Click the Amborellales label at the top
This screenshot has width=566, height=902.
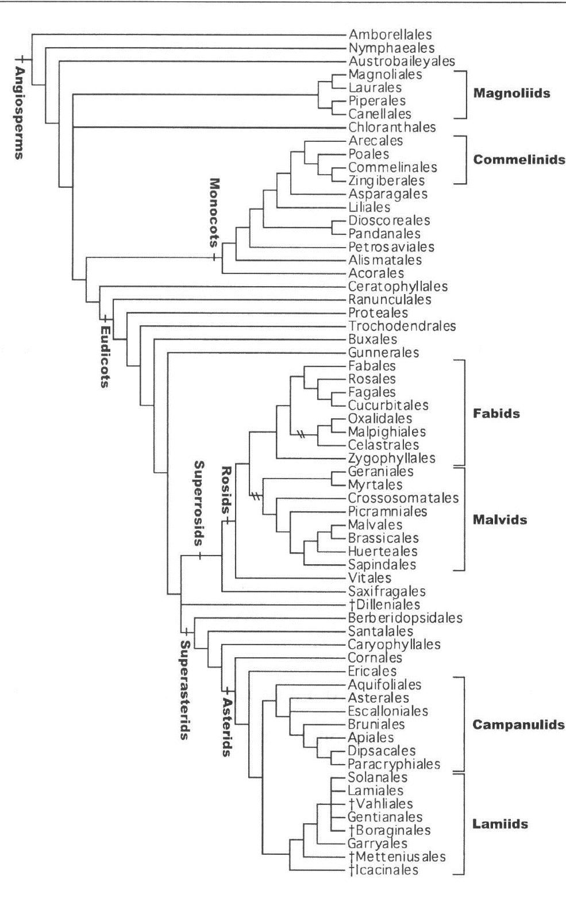pyautogui.click(x=390, y=35)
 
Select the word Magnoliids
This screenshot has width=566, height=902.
pyautogui.click(x=511, y=93)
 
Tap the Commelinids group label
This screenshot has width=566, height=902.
pyautogui.click(x=519, y=160)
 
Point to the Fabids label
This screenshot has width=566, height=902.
pyautogui.click(x=496, y=414)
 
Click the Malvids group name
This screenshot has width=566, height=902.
pyautogui.click(x=500, y=520)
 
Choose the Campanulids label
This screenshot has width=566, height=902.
pyautogui.click(x=518, y=724)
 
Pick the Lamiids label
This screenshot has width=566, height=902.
pyautogui.click(x=500, y=824)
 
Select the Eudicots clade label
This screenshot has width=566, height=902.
pyautogui.click(x=105, y=357)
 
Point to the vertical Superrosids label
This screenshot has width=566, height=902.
pyautogui.click(x=199, y=503)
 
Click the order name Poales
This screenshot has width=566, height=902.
pyautogui.click(x=369, y=154)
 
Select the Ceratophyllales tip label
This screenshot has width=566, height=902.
pyautogui.click(x=398, y=286)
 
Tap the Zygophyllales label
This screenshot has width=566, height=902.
pyautogui.click(x=392, y=458)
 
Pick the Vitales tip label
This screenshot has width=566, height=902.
pyautogui.click(x=370, y=578)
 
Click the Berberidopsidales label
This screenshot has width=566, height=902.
pyautogui.click(x=405, y=618)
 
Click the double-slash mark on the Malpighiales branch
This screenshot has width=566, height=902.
pyautogui.click(x=299, y=431)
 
